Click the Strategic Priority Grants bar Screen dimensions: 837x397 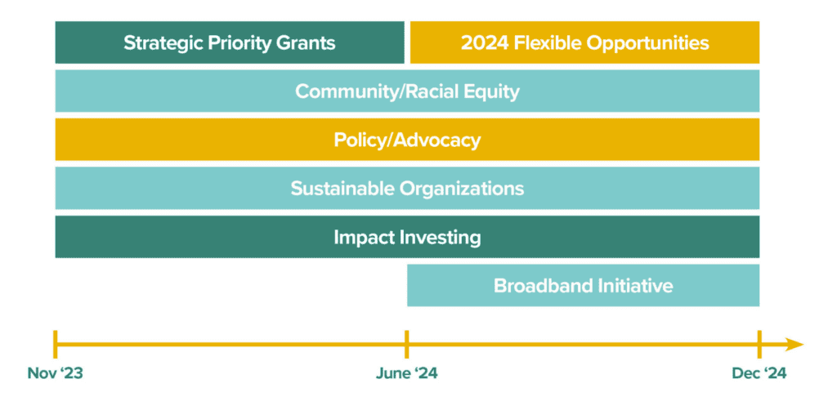click(x=230, y=42)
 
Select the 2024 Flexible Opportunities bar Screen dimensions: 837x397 click(x=584, y=42)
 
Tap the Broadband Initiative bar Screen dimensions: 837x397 click(x=583, y=285)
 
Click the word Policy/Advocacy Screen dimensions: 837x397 click(x=407, y=141)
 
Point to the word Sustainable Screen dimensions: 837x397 click(x=342, y=189)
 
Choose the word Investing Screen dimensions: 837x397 click(x=438, y=238)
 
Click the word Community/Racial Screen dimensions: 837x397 click(x=380, y=91)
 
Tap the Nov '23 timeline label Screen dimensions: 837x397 click(x=55, y=373)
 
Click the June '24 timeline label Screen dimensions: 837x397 click(x=406, y=373)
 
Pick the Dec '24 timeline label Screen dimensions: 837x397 click(x=759, y=373)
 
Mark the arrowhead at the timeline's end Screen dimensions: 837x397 click(x=795, y=344)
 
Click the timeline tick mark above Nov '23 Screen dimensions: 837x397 click(x=55, y=344)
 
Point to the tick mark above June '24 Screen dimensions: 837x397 click(x=407, y=344)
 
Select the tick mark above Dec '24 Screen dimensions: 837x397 click(x=759, y=344)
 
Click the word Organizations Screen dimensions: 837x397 click(x=462, y=189)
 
